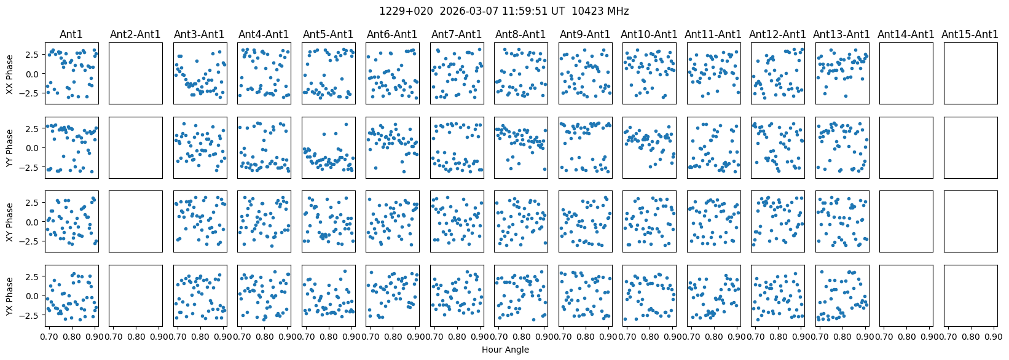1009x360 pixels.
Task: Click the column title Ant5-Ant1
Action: click(x=328, y=34)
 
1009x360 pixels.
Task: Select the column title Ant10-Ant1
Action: click(x=649, y=34)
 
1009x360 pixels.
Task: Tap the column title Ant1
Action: click(x=71, y=34)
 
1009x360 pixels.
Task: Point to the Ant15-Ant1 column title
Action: click(x=970, y=34)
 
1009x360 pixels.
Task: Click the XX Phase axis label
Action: click(x=9, y=74)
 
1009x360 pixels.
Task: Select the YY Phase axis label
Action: click(x=9, y=147)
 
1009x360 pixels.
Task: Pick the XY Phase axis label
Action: click(x=9, y=221)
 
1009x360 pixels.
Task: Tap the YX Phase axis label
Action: click(x=9, y=295)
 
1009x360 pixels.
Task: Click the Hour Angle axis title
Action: click(x=505, y=350)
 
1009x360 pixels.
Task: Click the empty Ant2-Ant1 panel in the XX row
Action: click(x=136, y=73)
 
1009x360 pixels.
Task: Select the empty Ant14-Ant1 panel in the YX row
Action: click(x=906, y=295)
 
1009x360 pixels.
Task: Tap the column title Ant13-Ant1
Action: click(x=841, y=34)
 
